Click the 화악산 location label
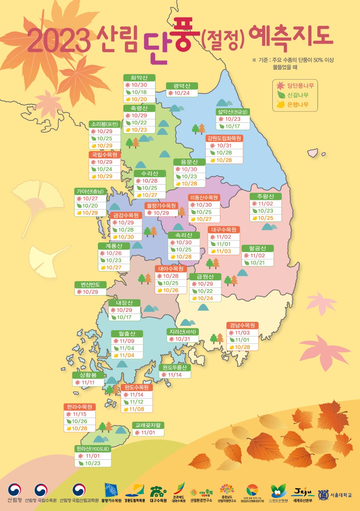(139, 78)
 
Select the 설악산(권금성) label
(233, 112)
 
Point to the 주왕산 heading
(265, 196)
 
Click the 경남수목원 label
(242, 325)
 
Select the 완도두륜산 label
(175, 368)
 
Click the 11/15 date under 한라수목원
(79, 414)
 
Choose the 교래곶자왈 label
(148, 425)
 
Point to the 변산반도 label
(90, 285)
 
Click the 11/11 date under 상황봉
(88, 383)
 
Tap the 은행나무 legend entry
(298, 105)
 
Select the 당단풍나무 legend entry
(300, 86)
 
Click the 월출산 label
(127, 334)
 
